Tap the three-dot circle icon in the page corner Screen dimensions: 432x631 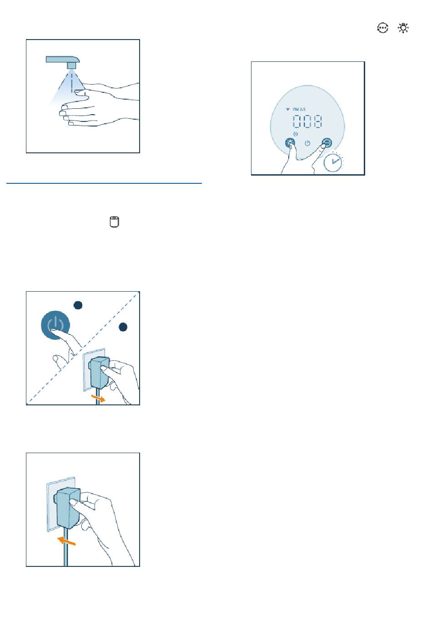tap(382, 28)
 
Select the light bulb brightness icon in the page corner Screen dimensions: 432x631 tap(403, 28)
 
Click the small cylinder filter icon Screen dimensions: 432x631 tap(114, 222)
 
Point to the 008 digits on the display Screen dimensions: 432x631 tap(307, 121)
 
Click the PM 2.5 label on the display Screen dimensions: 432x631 tap(299, 109)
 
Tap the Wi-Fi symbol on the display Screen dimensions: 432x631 tap(287, 109)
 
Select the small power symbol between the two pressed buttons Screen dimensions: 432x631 tap(307, 143)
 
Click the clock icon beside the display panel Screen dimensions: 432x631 tap(333, 162)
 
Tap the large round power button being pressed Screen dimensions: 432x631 tap(55, 325)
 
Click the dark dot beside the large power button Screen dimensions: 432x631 tap(78, 305)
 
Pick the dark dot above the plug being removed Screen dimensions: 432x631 tap(123, 327)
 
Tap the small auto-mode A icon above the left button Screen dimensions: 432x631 tap(296, 134)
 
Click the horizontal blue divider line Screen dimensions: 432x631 tap(104, 183)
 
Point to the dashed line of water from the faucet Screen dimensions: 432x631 tap(72, 82)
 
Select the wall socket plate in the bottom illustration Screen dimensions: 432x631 tap(60, 504)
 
